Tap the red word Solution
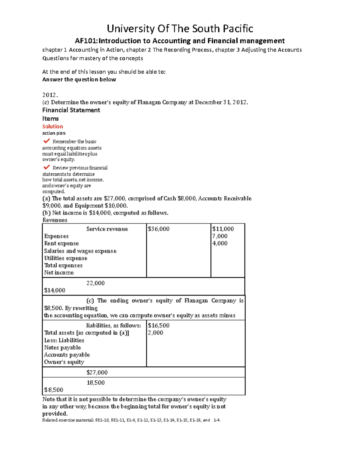click(52, 127)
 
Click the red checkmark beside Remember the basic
click(46, 141)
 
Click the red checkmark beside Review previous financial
click(46, 167)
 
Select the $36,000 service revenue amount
click(159, 229)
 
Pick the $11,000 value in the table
click(223, 229)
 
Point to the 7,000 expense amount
click(220, 236)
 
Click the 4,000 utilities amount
click(220, 243)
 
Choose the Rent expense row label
click(61, 243)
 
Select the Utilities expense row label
click(66, 258)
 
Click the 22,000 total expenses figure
click(95, 283)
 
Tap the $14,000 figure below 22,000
click(55, 290)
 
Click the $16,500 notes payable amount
click(159, 325)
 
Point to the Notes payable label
click(62, 347)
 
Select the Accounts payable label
click(67, 355)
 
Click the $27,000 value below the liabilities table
click(97, 372)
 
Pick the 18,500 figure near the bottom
click(96, 383)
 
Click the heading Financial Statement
click(71, 110)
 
